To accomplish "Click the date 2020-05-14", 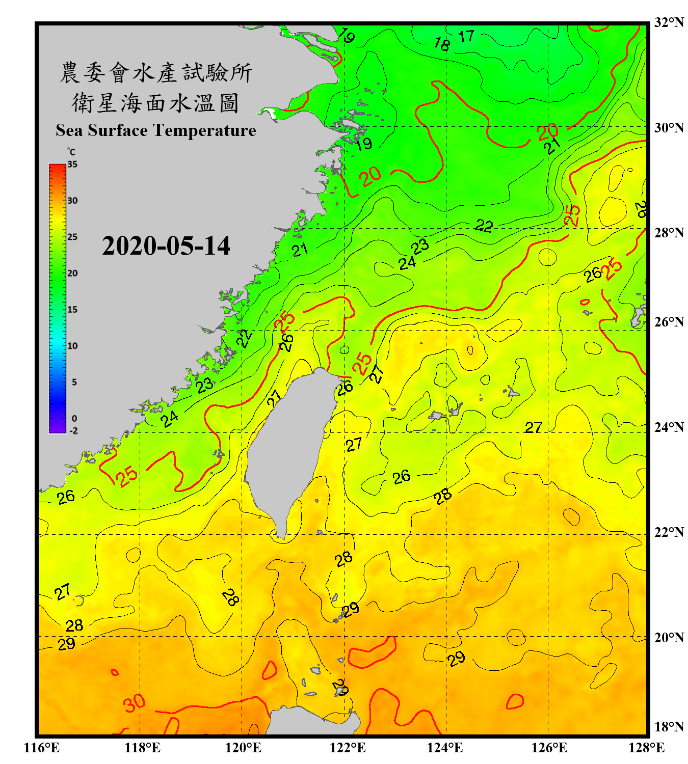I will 166,245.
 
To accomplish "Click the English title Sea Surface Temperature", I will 155,130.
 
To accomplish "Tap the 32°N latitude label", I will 669,22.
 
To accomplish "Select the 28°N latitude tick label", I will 669,233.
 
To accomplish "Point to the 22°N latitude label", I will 669,532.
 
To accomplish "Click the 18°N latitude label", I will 669,727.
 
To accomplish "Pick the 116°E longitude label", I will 42,748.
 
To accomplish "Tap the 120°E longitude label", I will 243,748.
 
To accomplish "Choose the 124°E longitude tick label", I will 445,748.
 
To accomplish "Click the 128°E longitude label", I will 646,748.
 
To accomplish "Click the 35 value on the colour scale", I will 72,165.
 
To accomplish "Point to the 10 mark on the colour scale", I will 72,346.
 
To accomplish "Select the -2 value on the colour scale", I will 73,431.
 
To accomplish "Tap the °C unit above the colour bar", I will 71,152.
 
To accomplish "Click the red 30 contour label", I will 135,703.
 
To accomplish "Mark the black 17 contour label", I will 466,37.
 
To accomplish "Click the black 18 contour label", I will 442,44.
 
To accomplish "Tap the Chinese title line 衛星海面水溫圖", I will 155,103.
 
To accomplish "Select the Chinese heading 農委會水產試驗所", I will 155,73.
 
